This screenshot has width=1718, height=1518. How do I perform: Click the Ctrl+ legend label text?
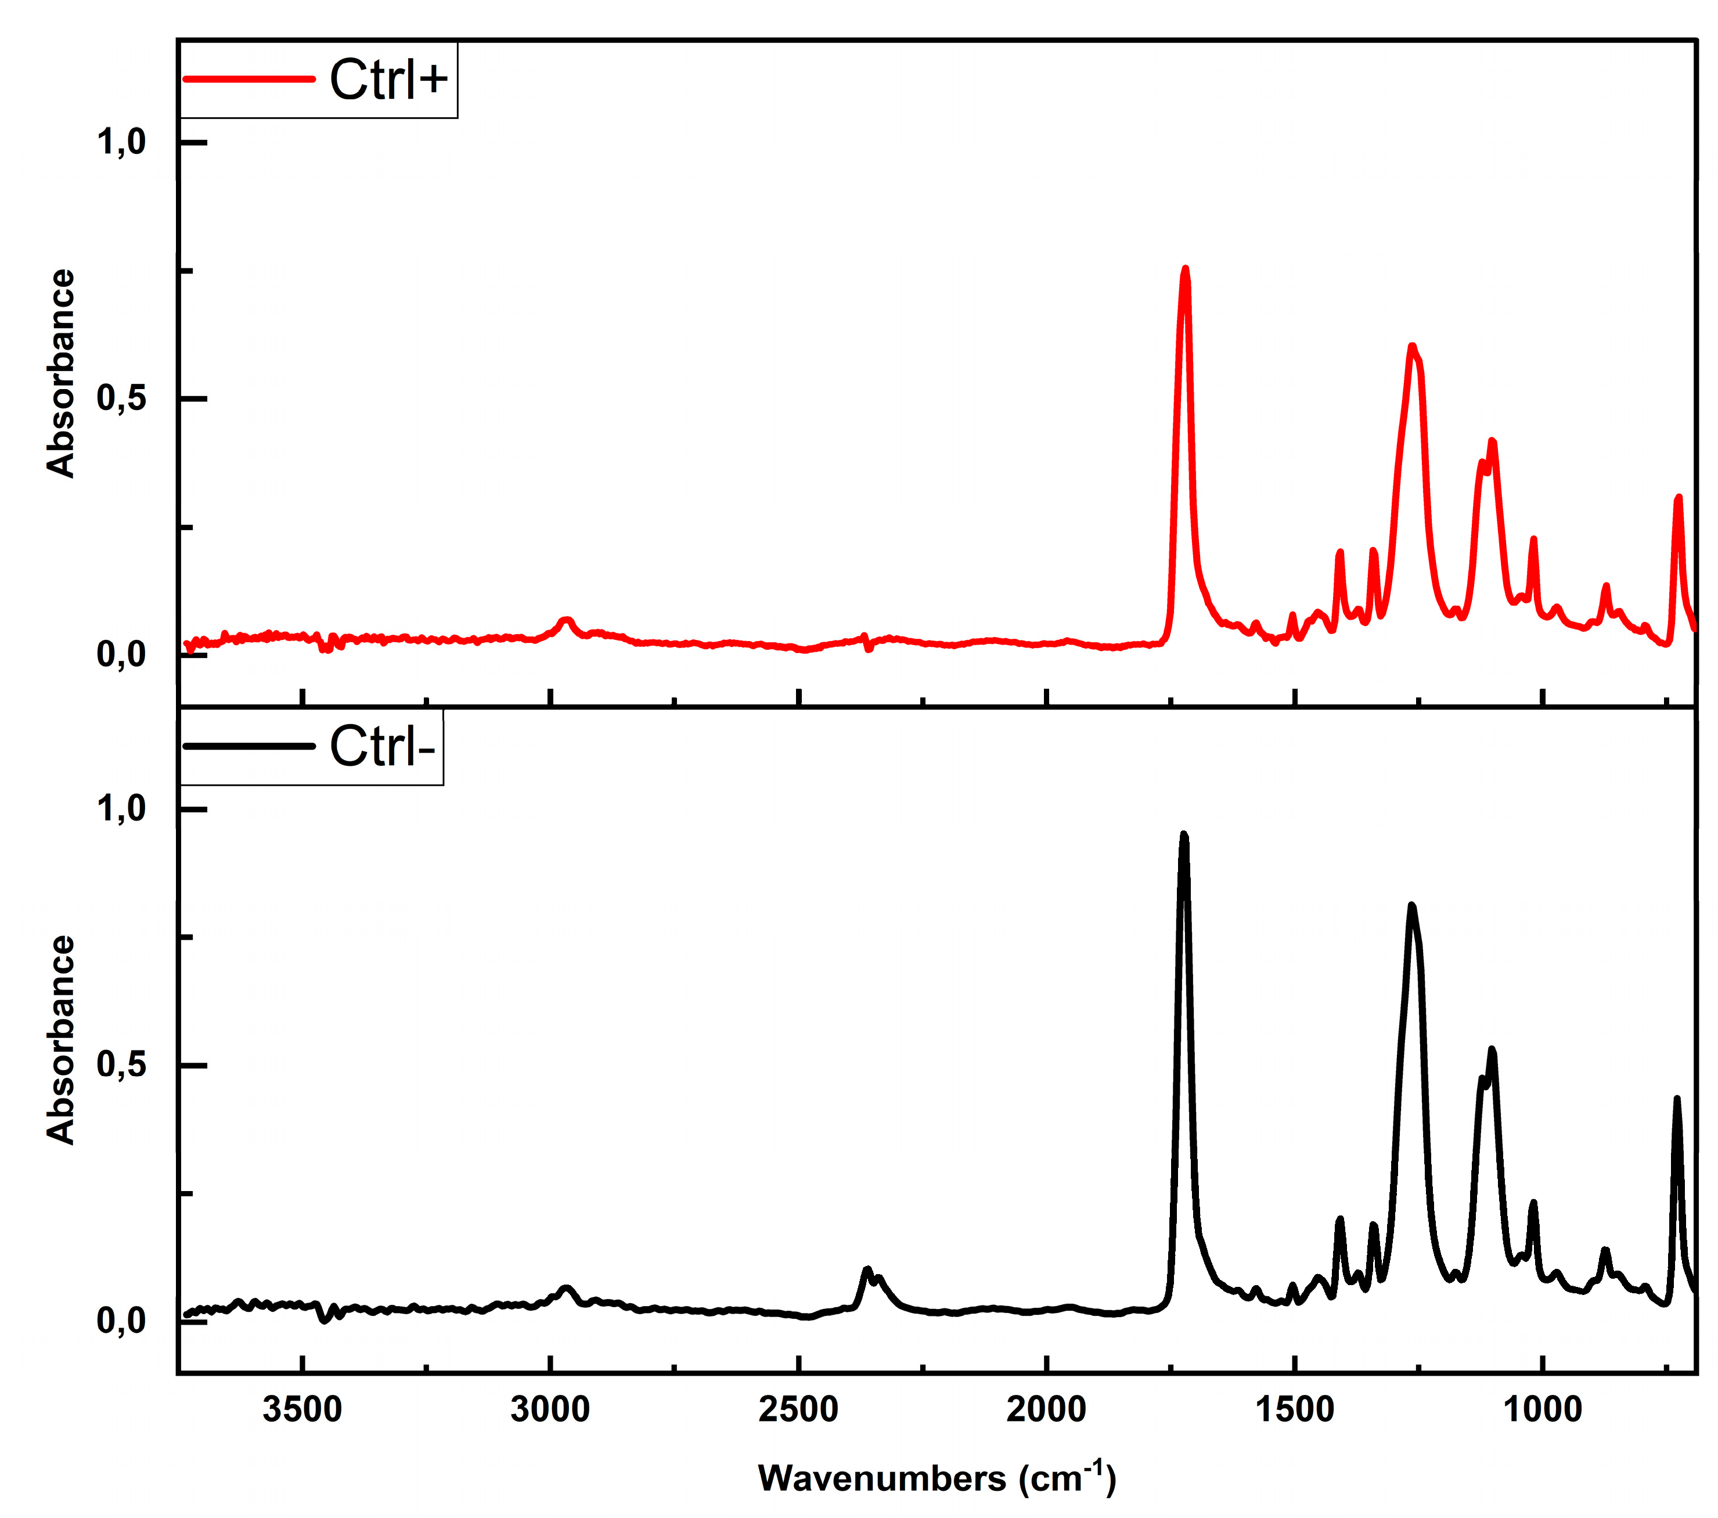tap(388, 80)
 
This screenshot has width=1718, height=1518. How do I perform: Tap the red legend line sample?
tap(249, 79)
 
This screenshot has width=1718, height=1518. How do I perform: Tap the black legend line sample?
tap(249, 746)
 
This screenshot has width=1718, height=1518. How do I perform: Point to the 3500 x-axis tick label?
tap(302, 1409)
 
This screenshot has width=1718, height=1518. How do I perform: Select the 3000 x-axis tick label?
tap(550, 1409)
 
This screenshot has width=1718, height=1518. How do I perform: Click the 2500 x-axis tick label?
tap(798, 1409)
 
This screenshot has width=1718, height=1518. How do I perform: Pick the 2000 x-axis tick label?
tap(1046, 1409)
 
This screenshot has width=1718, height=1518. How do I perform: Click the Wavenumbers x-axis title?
tap(937, 1479)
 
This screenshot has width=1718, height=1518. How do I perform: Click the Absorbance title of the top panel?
tap(60, 373)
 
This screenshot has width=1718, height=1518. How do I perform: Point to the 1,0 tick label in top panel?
tap(122, 142)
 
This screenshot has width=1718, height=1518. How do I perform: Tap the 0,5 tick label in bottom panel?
tap(122, 1065)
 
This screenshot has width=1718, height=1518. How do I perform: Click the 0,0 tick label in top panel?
tap(122, 654)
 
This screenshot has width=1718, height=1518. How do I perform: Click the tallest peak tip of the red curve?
tap(1185, 269)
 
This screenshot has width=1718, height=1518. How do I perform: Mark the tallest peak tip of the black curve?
tap(1183, 834)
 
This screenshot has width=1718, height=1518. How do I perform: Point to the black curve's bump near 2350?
tap(867, 1270)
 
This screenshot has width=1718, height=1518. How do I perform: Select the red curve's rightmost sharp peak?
tap(1678, 498)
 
